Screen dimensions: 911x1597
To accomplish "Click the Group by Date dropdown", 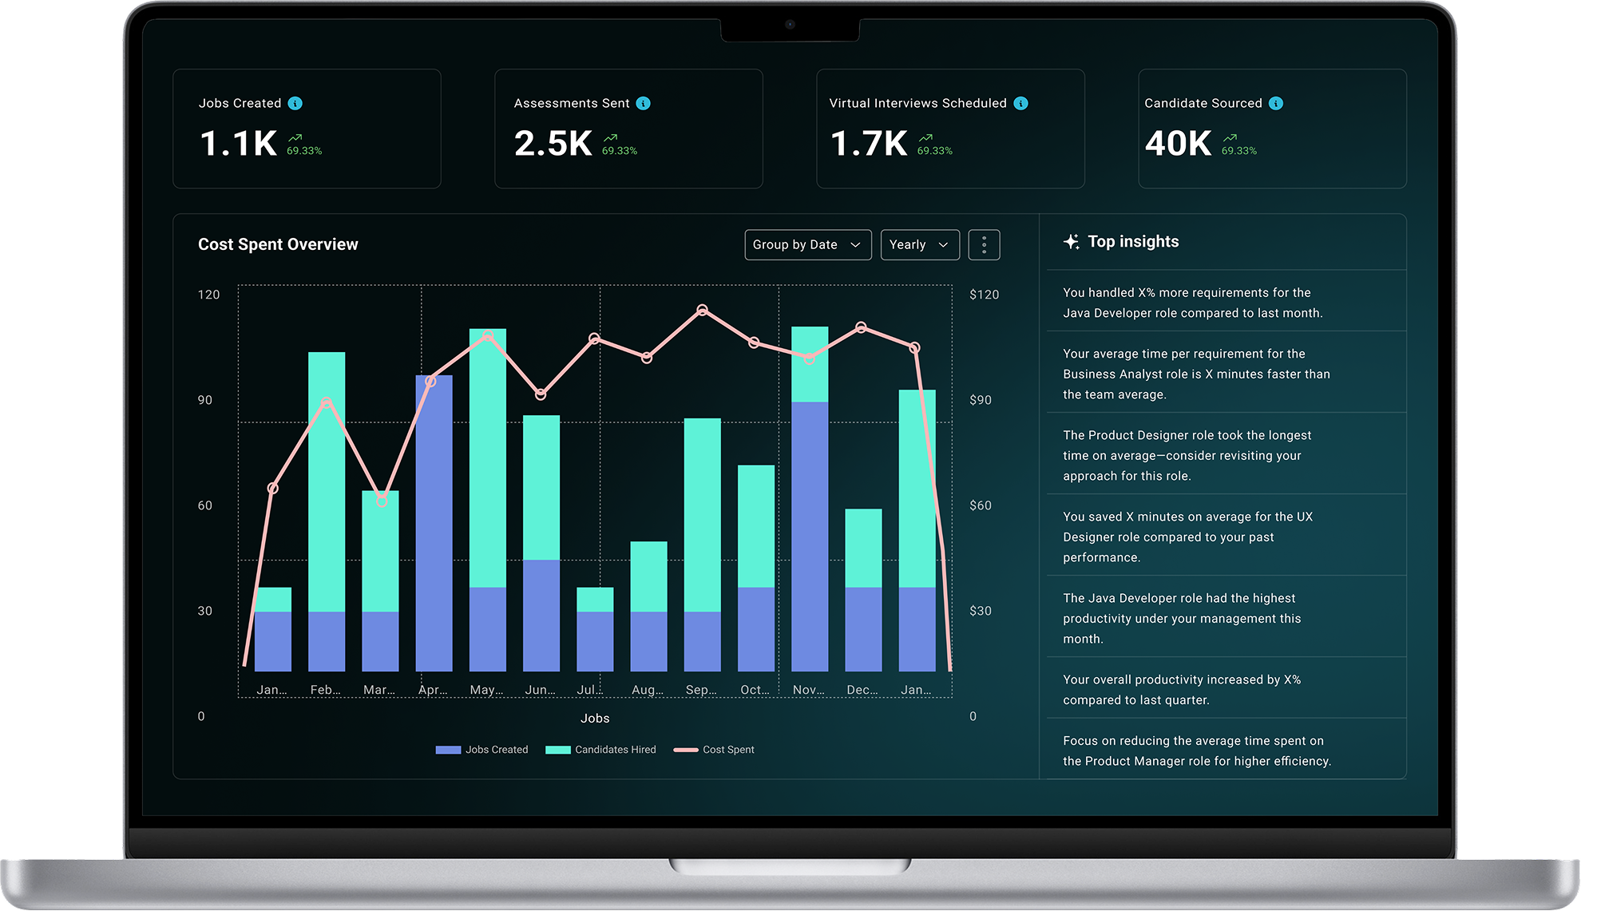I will tap(807, 244).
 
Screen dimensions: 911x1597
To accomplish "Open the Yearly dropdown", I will tap(919, 244).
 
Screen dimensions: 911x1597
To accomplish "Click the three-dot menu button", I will tap(984, 244).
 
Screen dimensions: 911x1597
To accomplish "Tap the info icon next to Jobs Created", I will tap(295, 103).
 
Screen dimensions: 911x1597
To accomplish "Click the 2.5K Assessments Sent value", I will tap(553, 144).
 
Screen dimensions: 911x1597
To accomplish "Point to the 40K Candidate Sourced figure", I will tap(1178, 144).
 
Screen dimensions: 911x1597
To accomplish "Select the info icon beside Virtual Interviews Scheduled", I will tap(1020, 103).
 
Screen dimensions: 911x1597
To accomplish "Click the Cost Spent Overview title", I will tap(278, 244).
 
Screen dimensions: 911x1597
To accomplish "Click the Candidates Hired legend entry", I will tap(600, 750).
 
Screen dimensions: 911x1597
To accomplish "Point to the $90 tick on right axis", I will tap(980, 400).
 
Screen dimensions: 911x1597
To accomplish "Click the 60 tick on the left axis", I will tap(205, 505).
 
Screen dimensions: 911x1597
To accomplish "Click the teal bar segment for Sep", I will tap(702, 515).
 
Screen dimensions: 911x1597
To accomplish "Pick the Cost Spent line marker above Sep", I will tap(702, 310).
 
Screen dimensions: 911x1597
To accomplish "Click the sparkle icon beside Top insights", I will tap(1071, 241).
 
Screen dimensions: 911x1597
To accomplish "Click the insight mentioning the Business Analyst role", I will tap(1195, 374).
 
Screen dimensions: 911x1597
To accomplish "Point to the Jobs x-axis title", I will tap(595, 719).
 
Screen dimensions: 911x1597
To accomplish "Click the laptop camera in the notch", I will tap(790, 25).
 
